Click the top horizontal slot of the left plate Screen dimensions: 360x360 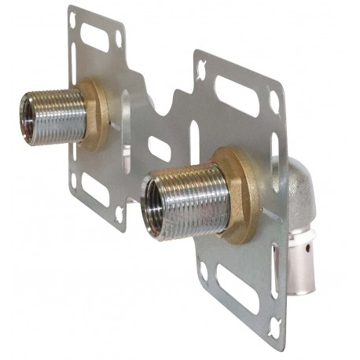coord(95,36)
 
